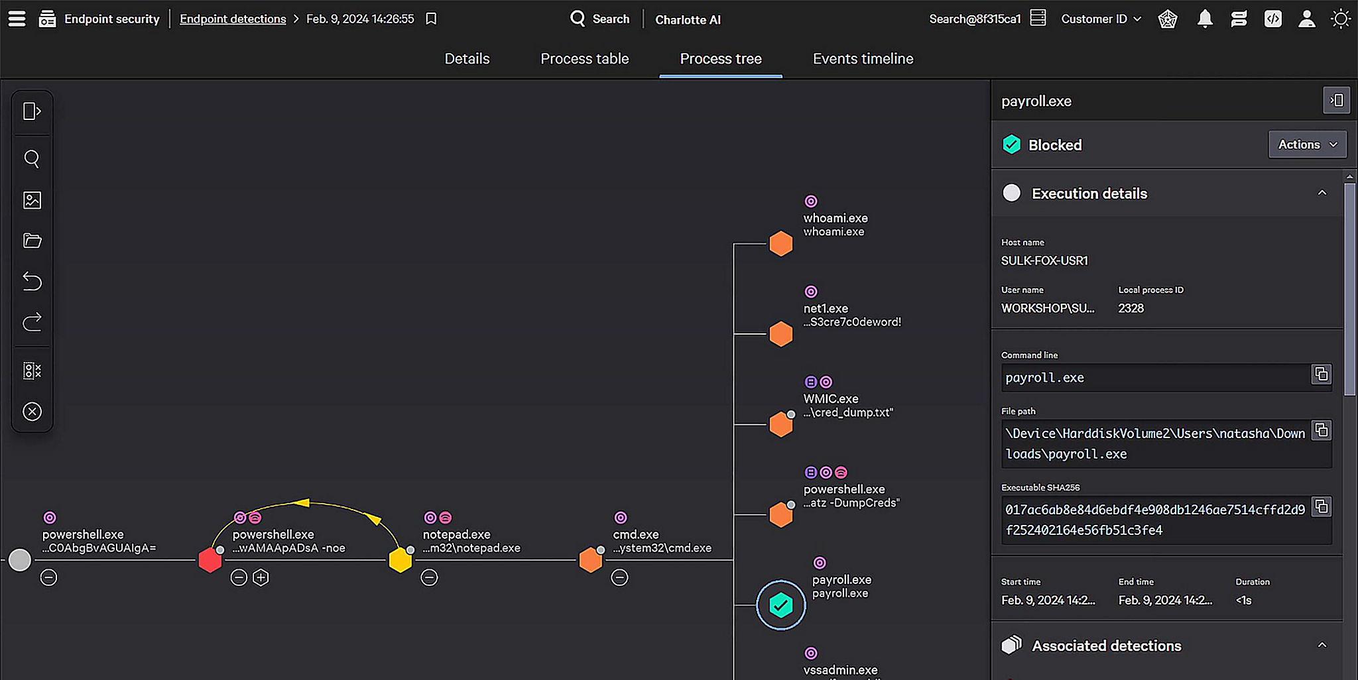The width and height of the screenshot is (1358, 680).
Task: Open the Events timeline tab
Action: tap(863, 59)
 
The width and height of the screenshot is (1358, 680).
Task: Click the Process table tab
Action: tap(584, 59)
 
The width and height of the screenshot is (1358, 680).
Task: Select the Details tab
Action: tap(467, 59)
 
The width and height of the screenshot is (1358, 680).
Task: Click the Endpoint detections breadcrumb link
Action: tap(233, 19)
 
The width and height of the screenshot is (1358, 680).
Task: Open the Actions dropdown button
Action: tap(1307, 144)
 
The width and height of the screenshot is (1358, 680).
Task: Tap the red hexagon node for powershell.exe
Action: tap(210, 560)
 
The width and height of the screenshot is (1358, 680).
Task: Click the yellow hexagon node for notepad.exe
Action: tap(400, 560)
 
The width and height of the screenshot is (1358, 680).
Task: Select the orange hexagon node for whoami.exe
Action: tap(780, 244)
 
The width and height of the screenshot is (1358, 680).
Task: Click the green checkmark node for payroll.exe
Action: tap(780, 605)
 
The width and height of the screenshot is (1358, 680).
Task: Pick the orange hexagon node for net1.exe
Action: tap(780, 334)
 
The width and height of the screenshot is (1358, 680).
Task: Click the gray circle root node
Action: tap(20, 560)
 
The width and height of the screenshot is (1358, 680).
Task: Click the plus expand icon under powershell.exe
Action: tap(261, 578)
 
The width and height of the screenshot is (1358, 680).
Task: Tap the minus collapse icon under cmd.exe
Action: tap(619, 578)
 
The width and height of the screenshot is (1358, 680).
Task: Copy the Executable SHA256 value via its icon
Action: tap(1321, 507)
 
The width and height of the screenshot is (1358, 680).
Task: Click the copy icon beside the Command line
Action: tap(1321, 374)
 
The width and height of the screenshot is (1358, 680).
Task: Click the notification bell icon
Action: tap(1205, 19)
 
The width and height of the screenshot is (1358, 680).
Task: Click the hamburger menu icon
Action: tap(17, 19)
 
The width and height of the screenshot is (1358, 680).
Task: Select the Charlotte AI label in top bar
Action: tap(688, 20)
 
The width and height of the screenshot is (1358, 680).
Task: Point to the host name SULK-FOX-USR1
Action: tap(1044, 260)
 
